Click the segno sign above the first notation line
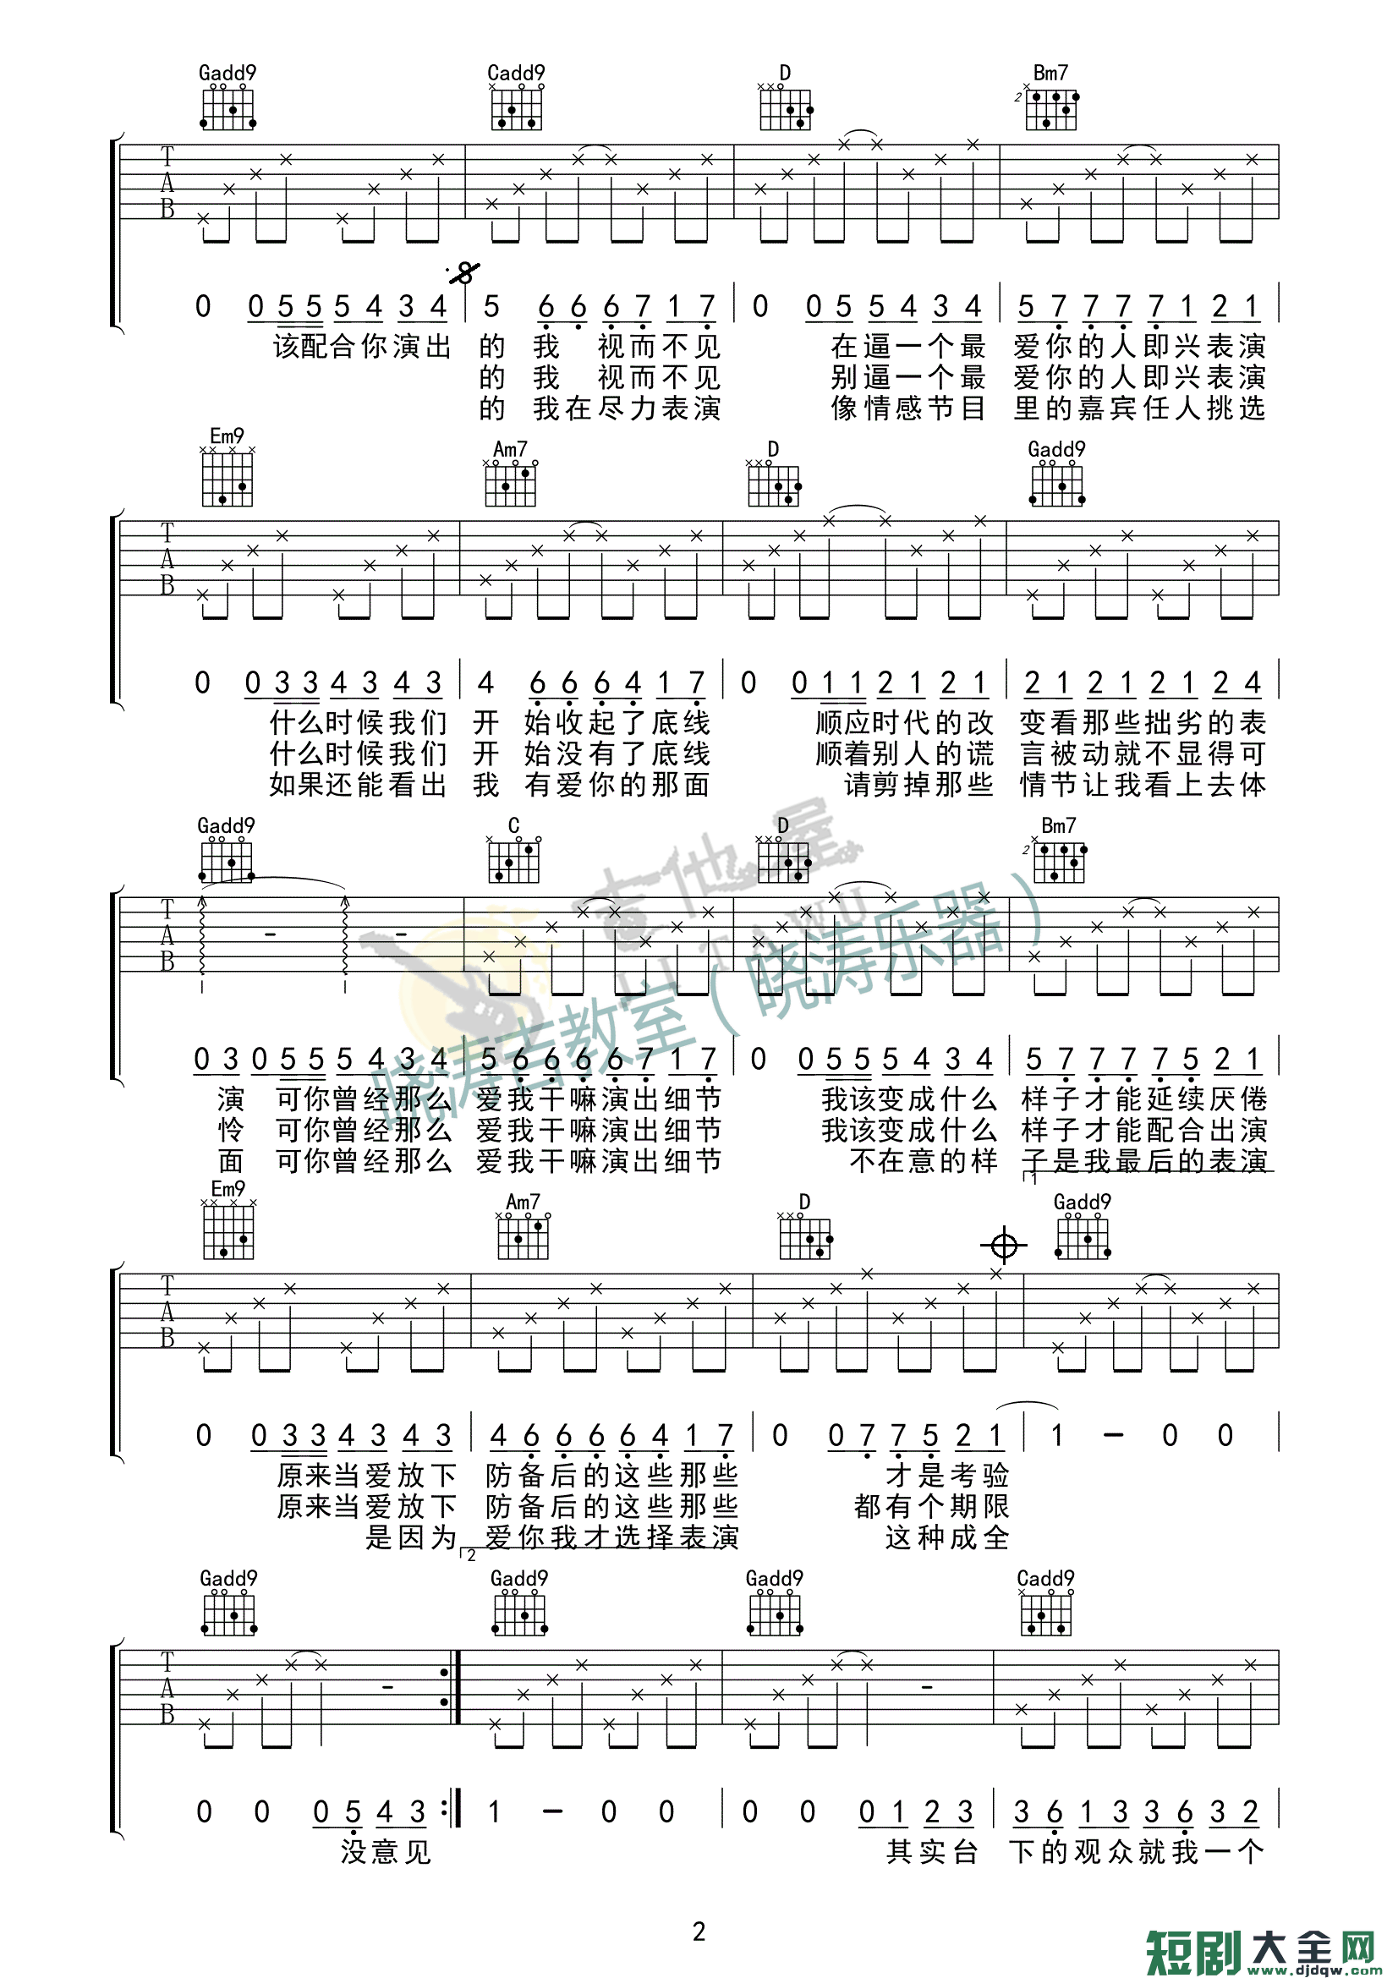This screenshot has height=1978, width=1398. [464, 274]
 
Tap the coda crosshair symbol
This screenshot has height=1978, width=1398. [1004, 1246]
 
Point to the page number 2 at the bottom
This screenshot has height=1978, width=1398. [699, 1931]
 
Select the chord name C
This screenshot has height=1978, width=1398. [513, 826]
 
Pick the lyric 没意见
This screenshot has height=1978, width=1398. [385, 1851]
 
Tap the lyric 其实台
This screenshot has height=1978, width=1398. [932, 1851]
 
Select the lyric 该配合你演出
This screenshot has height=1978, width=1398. [362, 347]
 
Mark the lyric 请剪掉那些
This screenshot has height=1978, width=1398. [918, 785]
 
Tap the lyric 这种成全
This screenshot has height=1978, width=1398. [946, 1537]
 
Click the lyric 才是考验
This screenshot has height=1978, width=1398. [946, 1476]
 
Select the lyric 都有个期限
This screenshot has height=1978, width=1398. [931, 1507]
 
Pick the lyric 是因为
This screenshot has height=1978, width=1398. [410, 1537]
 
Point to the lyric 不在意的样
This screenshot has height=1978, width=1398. [923, 1161]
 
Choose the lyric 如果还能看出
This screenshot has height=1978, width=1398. [358, 785]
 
